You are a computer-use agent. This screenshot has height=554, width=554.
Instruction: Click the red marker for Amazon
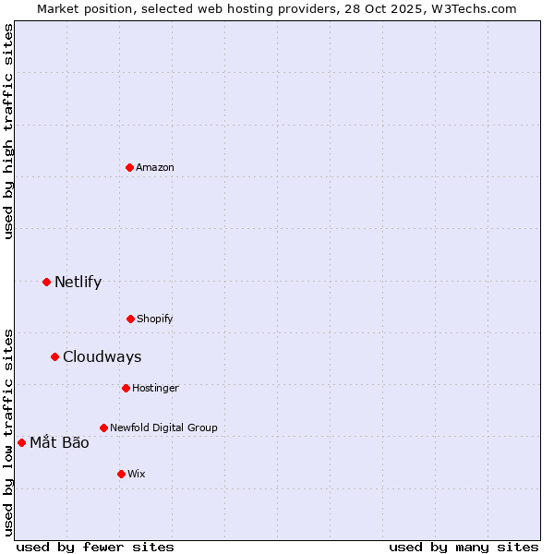tap(129, 167)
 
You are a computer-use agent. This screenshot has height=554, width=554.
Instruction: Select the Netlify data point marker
tap(46, 282)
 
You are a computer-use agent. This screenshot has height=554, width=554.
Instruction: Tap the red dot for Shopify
tap(130, 319)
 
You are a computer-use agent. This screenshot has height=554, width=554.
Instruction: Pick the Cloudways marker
tap(54, 356)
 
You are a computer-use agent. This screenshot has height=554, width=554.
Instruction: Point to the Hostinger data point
tap(126, 388)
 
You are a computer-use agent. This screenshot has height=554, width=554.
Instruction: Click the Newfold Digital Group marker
tap(103, 428)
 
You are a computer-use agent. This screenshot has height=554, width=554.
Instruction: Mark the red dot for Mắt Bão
tap(21, 442)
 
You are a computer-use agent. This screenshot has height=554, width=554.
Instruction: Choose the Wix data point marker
tap(121, 474)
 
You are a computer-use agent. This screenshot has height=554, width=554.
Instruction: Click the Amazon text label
tap(155, 167)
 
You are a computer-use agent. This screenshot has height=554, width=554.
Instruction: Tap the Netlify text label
tap(78, 282)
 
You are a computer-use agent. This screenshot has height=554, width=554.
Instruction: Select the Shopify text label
tap(155, 319)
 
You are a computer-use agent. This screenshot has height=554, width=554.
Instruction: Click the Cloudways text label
tap(102, 356)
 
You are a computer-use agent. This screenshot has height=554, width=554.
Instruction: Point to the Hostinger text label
tap(155, 388)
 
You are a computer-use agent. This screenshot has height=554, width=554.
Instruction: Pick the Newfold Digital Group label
tap(163, 428)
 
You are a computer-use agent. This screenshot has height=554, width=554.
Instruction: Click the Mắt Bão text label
tap(59, 442)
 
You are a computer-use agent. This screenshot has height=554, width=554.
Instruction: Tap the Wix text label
tap(137, 474)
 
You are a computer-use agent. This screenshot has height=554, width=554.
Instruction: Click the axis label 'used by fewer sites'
tap(95, 547)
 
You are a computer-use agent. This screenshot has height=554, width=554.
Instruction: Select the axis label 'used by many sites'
tap(464, 547)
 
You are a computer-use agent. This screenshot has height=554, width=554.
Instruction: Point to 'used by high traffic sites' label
tap(8, 131)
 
